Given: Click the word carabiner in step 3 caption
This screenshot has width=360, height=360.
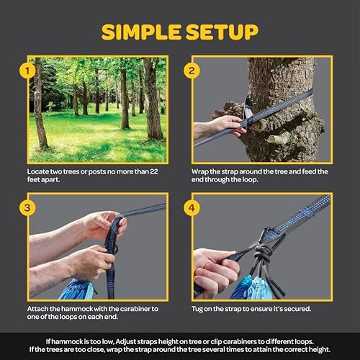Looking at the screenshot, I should (125, 309).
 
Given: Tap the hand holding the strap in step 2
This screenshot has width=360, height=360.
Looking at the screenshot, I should (216, 127).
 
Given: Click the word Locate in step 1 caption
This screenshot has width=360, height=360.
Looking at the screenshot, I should (43, 172).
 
